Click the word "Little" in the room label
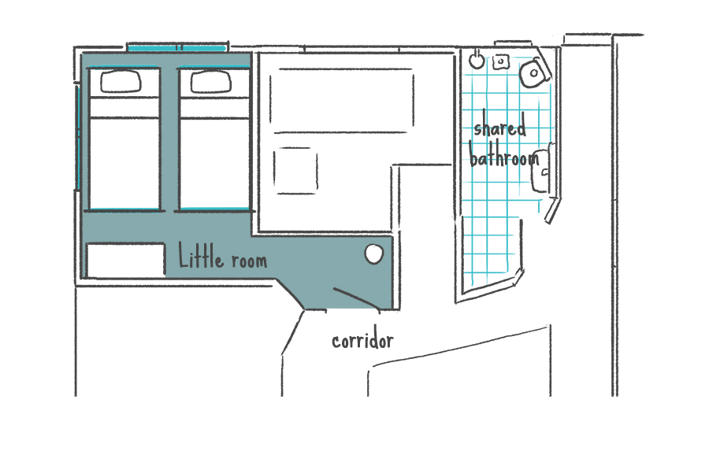pos(201,255)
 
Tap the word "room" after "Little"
pos(249,261)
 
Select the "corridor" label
pos(362,341)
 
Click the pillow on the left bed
pos(121,82)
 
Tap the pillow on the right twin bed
pos(211,82)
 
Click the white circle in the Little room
pos(374,254)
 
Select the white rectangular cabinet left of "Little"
pos(126,261)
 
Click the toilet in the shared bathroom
pos(534,72)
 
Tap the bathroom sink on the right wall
pos(541,170)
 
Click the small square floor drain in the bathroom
pos(500,61)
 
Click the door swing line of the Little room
pos(357,298)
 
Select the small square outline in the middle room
pos(295,171)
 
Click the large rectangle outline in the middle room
pos(342,101)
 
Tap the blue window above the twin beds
pos(176,47)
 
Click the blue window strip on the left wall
pos(78,138)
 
